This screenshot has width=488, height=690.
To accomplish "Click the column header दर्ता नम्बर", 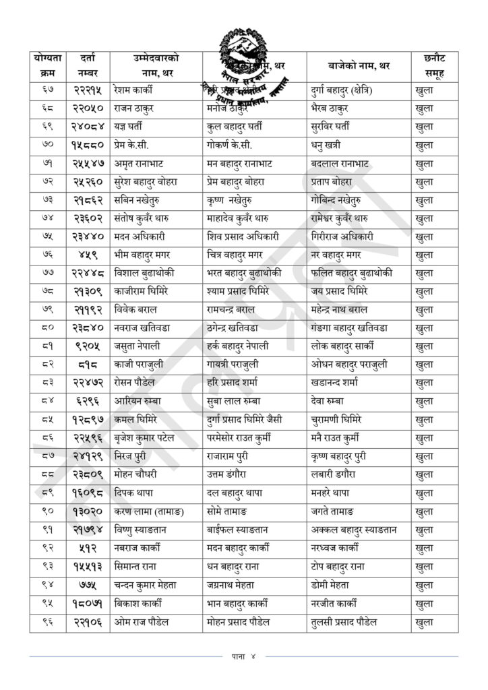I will pyautogui.click(x=88, y=66).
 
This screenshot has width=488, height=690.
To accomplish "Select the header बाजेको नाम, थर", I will pyautogui.click(x=357, y=66).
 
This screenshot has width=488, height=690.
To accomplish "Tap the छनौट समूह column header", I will pyautogui.click(x=435, y=66).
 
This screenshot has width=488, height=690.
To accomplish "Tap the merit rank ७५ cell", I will pyautogui.click(x=47, y=237).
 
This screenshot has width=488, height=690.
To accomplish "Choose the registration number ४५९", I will pyautogui.click(x=88, y=255).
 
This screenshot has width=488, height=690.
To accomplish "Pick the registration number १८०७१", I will pyautogui.click(x=88, y=602).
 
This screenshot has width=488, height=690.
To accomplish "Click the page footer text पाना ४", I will pyautogui.click(x=243, y=655).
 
